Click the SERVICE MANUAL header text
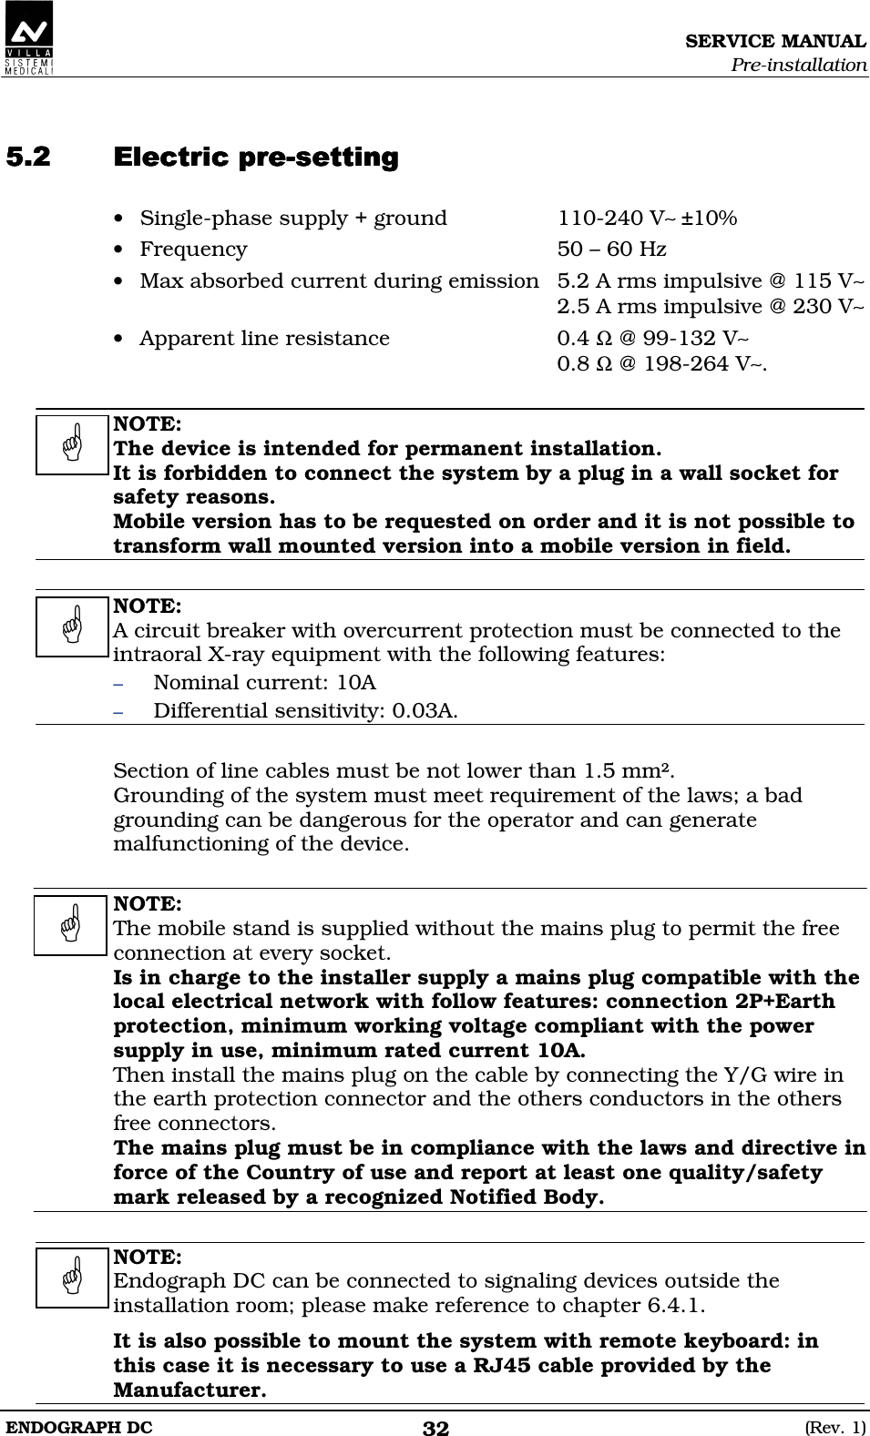(x=775, y=41)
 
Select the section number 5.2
(x=28, y=157)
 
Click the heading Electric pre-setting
(x=256, y=157)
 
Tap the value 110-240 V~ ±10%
(x=647, y=219)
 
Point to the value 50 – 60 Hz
(x=611, y=250)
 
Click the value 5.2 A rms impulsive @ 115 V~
(x=711, y=280)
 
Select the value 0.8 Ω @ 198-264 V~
(x=661, y=364)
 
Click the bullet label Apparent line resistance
(x=264, y=339)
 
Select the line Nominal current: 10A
(x=264, y=683)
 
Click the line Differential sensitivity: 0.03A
(x=305, y=710)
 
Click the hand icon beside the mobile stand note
(x=71, y=925)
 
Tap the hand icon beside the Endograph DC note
(x=73, y=1278)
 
